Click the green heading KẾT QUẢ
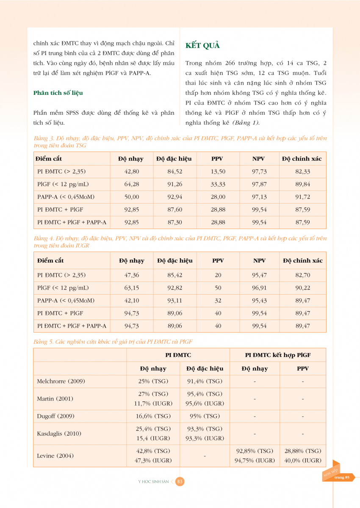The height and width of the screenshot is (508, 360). click(203, 46)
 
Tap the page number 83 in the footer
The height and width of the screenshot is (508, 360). click(180, 481)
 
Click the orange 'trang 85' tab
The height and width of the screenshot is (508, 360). click(341, 477)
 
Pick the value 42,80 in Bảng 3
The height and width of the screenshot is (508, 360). click(131, 171)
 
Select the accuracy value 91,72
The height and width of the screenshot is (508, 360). click(302, 197)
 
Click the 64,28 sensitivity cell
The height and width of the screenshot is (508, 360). click(131, 184)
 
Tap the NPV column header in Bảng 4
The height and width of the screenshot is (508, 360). click(259, 261)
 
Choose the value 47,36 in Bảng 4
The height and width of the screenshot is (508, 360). click(132, 275)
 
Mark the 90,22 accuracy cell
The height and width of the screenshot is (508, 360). click(302, 288)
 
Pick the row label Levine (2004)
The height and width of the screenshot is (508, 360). click(55, 456)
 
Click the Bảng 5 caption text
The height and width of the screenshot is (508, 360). click(113, 342)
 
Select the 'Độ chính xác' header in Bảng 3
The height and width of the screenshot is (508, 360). click(302, 159)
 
